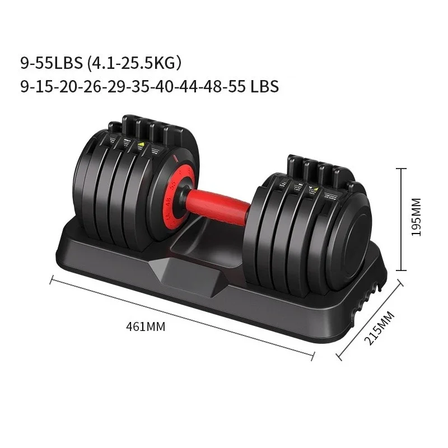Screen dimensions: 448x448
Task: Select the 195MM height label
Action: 416,216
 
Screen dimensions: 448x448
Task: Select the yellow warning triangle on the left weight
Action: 141,143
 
